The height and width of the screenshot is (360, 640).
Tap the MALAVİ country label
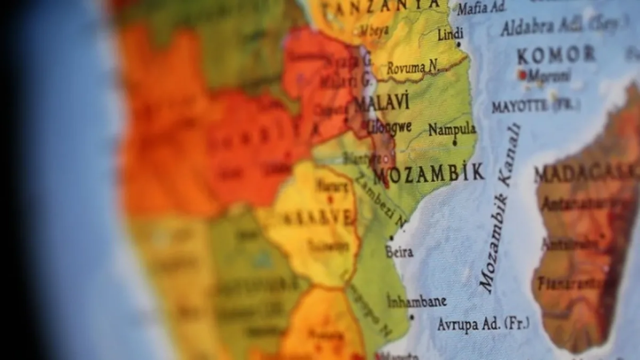[x=382, y=103]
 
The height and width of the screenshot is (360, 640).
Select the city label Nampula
[x=452, y=129]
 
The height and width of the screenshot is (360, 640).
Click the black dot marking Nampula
[x=454, y=142]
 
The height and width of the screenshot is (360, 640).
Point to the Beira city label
[x=399, y=252]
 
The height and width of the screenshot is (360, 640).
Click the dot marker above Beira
[x=392, y=238]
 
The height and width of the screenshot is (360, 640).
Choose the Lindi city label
[x=450, y=34]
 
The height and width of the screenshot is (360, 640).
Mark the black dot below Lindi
[x=458, y=45]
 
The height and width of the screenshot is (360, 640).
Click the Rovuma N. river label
[x=412, y=68]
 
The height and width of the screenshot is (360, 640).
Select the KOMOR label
[x=556, y=56]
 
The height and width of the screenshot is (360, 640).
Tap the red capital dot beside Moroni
[x=522, y=74]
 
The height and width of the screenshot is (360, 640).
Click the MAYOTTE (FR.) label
[x=536, y=106]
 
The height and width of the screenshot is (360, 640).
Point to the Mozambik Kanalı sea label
[x=500, y=208]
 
